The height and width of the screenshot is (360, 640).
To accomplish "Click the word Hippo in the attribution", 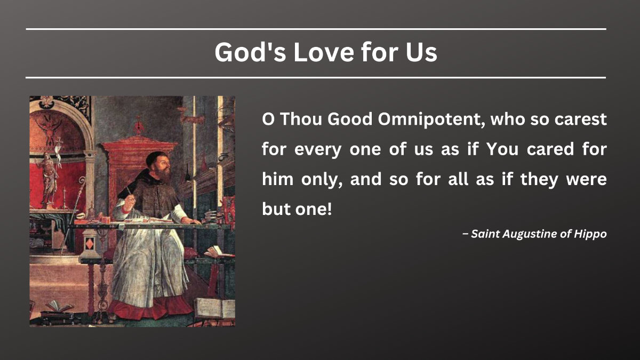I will (590, 234).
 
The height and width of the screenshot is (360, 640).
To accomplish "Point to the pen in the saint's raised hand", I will (129, 189).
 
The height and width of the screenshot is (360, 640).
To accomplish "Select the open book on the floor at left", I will (58, 306).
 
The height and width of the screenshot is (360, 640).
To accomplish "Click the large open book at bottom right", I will (214, 308).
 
